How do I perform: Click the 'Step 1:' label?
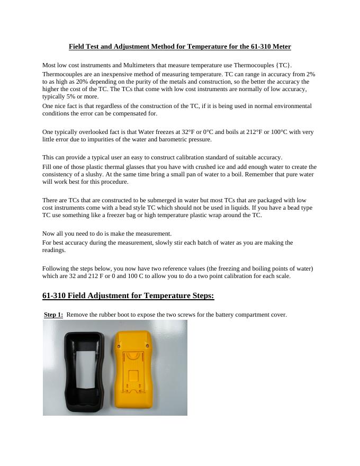(x=53, y=315)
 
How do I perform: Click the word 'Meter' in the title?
(x=281, y=47)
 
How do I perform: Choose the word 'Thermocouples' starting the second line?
(x=62, y=75)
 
